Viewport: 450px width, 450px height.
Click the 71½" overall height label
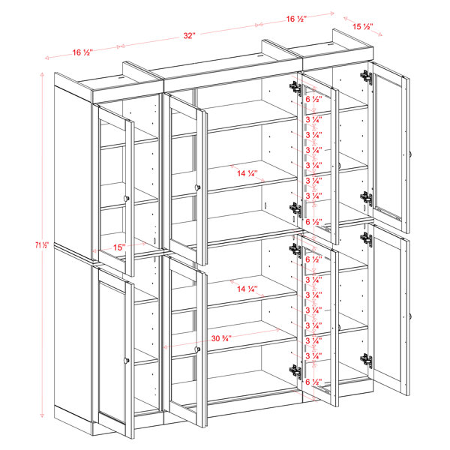pyautogui.click(x=42, y=244)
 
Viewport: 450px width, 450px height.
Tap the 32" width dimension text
pyautogui.click(x=190, y=35)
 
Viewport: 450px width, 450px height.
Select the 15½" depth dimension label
pyautogui.click(x=363, y=26)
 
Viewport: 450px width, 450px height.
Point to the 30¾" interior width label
pyautogui.click(x=221, y=338)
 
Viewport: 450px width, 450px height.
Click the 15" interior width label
pyautogui.click(x=119, y=247)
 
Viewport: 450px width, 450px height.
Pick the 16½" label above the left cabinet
pyautogui.click(x=82, y=52)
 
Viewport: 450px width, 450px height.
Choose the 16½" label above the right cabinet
pyautogui.click(x=296, y=19)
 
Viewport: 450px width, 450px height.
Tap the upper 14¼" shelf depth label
pyautogui.click(x=247, y=173)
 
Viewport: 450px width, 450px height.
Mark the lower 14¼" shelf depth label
pyautogui.click(x=247, y=289)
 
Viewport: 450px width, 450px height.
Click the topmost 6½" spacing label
pyautogui.click(x=314, y=99)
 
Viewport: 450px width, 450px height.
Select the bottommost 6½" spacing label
pyautogui.click(x=314, y=382)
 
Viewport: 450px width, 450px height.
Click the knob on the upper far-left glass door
pyautogui.click(x=126, y=198)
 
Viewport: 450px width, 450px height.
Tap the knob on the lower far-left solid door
pyautogui.click(x=126, y=360)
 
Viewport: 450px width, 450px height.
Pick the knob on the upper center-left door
pyautogui.click(x=198, y=187)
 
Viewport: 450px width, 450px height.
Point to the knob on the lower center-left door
pyautogui.click(x=197, y=349)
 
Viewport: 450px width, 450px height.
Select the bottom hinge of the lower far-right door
pyautogui.click(x=367, y=361)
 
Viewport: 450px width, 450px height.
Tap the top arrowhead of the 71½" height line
pyautogui.click(x=42, y=74)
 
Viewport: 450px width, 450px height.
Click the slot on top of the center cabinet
pyautogui.click(x=260, y=56)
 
